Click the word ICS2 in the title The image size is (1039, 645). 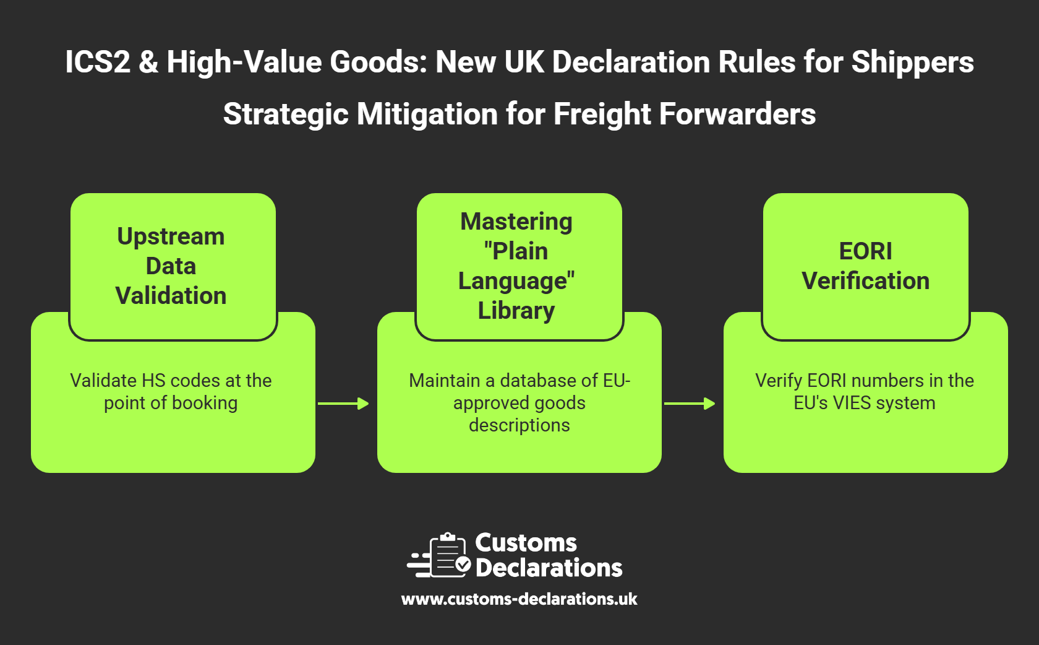coord(98,63)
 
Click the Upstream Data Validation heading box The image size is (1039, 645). coord(172,266)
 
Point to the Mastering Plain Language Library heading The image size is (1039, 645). coord(517,266)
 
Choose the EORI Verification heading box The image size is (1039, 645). coord(865,266)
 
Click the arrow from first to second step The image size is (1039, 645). coord(343,404)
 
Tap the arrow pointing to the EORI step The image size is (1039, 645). coord(690,404)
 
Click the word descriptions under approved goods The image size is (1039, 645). coord(519,425)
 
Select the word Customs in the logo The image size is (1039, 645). coord(526,543)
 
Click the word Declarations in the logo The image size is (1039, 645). coord(549,568)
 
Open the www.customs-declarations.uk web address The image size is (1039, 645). coord(519,599)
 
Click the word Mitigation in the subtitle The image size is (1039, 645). coord(427,115)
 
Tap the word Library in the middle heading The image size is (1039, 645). coord(516,311)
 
